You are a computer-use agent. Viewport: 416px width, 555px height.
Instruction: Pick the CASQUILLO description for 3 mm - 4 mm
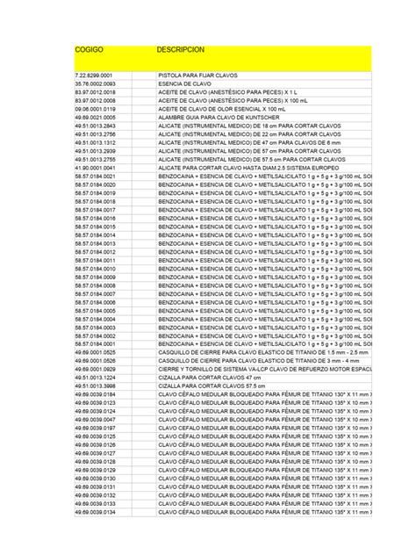coord(253,360)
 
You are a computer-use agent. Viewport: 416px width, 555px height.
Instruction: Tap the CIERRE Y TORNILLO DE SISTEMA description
coord(263,368)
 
